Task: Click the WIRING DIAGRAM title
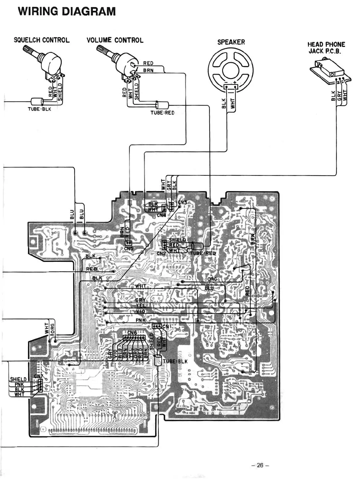[x=67, y=11]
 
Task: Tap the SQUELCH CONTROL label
[x=41, y=40]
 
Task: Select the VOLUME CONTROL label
[x=115, y=40]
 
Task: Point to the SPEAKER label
[x=231, y=42]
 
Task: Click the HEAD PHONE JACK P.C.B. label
[x=326, y=48]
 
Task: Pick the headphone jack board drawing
[x=330, y=70]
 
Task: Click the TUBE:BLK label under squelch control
[x=39, y=109]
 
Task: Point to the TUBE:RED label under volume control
[x=162, y=113]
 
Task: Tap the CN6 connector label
[x=132, y=333]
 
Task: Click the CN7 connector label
[x=38, y=376]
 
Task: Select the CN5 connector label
[x=128, y=248]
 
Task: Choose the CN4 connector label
[x=161, y=215]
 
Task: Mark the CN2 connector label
[x=161, y=254]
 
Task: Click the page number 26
[x=260, y=465]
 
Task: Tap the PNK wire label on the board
[x=140, y=320]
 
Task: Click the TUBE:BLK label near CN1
[x=175, y=361]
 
